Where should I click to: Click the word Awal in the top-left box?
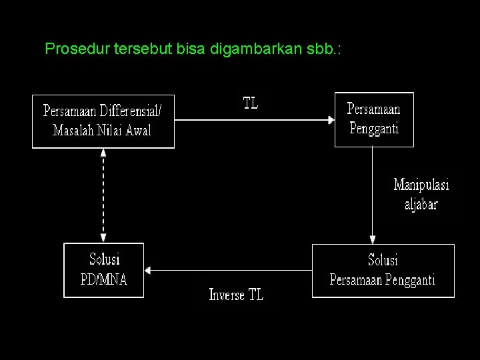[x=137, y=129]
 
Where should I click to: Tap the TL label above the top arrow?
[x=250, y=103]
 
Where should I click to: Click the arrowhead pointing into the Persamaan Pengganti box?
[x=330, y=120]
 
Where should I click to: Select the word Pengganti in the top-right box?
[x=374, y=128]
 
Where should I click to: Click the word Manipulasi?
[x=421, y=184]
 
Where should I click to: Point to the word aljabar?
[x=421, y=203]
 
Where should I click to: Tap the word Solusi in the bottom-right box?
[x=383, y=259]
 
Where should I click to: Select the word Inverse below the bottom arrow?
[x=227, y=295]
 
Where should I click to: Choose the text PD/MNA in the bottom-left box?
[x=103, y=278]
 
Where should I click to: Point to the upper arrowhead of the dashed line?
[x=103, y=153]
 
